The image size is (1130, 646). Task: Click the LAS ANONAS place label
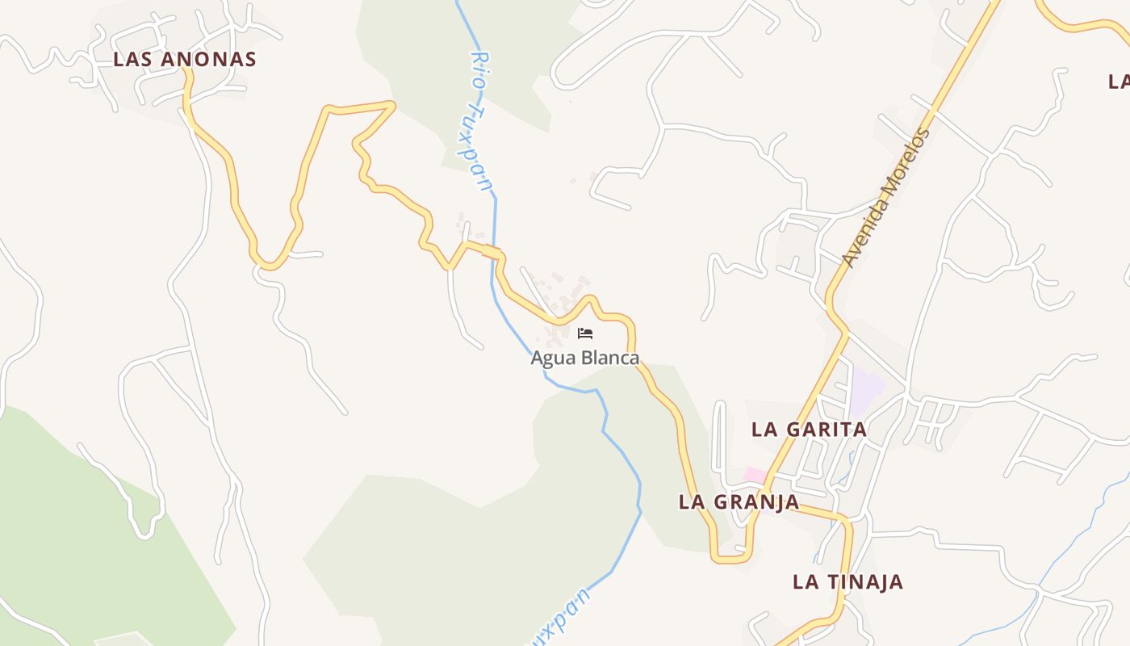click(x=185, y=59)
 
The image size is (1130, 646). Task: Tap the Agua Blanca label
click(x=585, y=358)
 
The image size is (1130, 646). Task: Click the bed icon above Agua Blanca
click(x=585, y=333)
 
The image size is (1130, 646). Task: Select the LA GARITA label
click(x=810, y=429)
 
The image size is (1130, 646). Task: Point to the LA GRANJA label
click(x=739, y=501)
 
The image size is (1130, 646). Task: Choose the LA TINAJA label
click(x=847, y=581)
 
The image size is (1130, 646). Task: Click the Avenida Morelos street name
click(x=885, y=198)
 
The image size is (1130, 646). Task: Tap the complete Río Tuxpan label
click(x=481, y=121)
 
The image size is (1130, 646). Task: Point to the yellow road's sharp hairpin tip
click(x=393, y=103)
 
